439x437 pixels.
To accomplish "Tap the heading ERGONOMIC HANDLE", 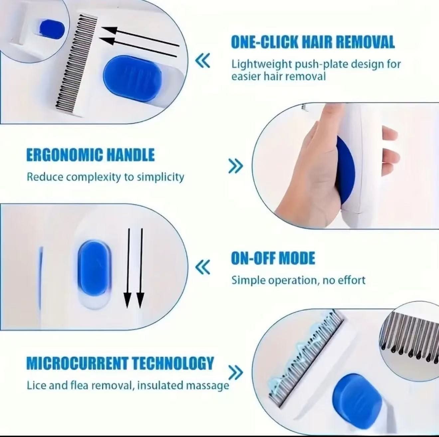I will (90, 156).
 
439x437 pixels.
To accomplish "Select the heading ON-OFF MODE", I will (273, 258).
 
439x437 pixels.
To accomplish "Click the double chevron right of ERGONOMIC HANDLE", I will (236, 165).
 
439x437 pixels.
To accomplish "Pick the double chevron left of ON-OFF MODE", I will (203, 267).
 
